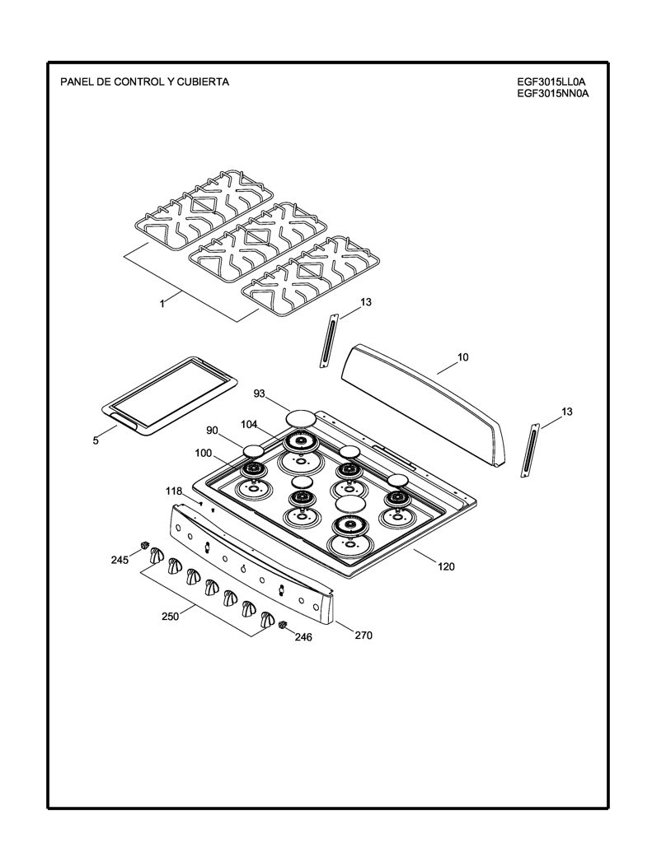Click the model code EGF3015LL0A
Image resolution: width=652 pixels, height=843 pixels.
pos(551,82)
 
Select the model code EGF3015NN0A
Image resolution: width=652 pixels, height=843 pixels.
pos(552,94)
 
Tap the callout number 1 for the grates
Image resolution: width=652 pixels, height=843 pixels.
pos(162,304)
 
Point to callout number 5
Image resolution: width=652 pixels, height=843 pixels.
pos(96,441)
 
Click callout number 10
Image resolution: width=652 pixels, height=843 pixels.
pos(463,357)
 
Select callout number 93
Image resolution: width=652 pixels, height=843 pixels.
pos(260,394)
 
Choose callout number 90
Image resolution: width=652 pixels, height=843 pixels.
pos(212,430)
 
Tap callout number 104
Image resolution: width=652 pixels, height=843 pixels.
pos(249,425)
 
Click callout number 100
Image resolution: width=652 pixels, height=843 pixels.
pos(204,454)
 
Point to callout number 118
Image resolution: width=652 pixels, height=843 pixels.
pos(174,491)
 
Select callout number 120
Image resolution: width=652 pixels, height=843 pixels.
pos(446,566)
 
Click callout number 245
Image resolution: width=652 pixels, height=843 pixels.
pos(120,560)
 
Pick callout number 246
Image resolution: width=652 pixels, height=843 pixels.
pos(303,637)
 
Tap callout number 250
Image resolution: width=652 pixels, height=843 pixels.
pos(170,617)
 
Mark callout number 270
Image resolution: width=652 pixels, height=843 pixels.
pos(364,635)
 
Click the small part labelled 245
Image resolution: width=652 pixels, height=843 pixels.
pos(143,546)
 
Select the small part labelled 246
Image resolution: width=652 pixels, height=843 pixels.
pos(283,624)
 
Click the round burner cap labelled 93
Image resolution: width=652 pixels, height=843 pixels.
pos(300,417)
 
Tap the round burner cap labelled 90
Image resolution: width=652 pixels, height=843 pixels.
pos(253,450)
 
